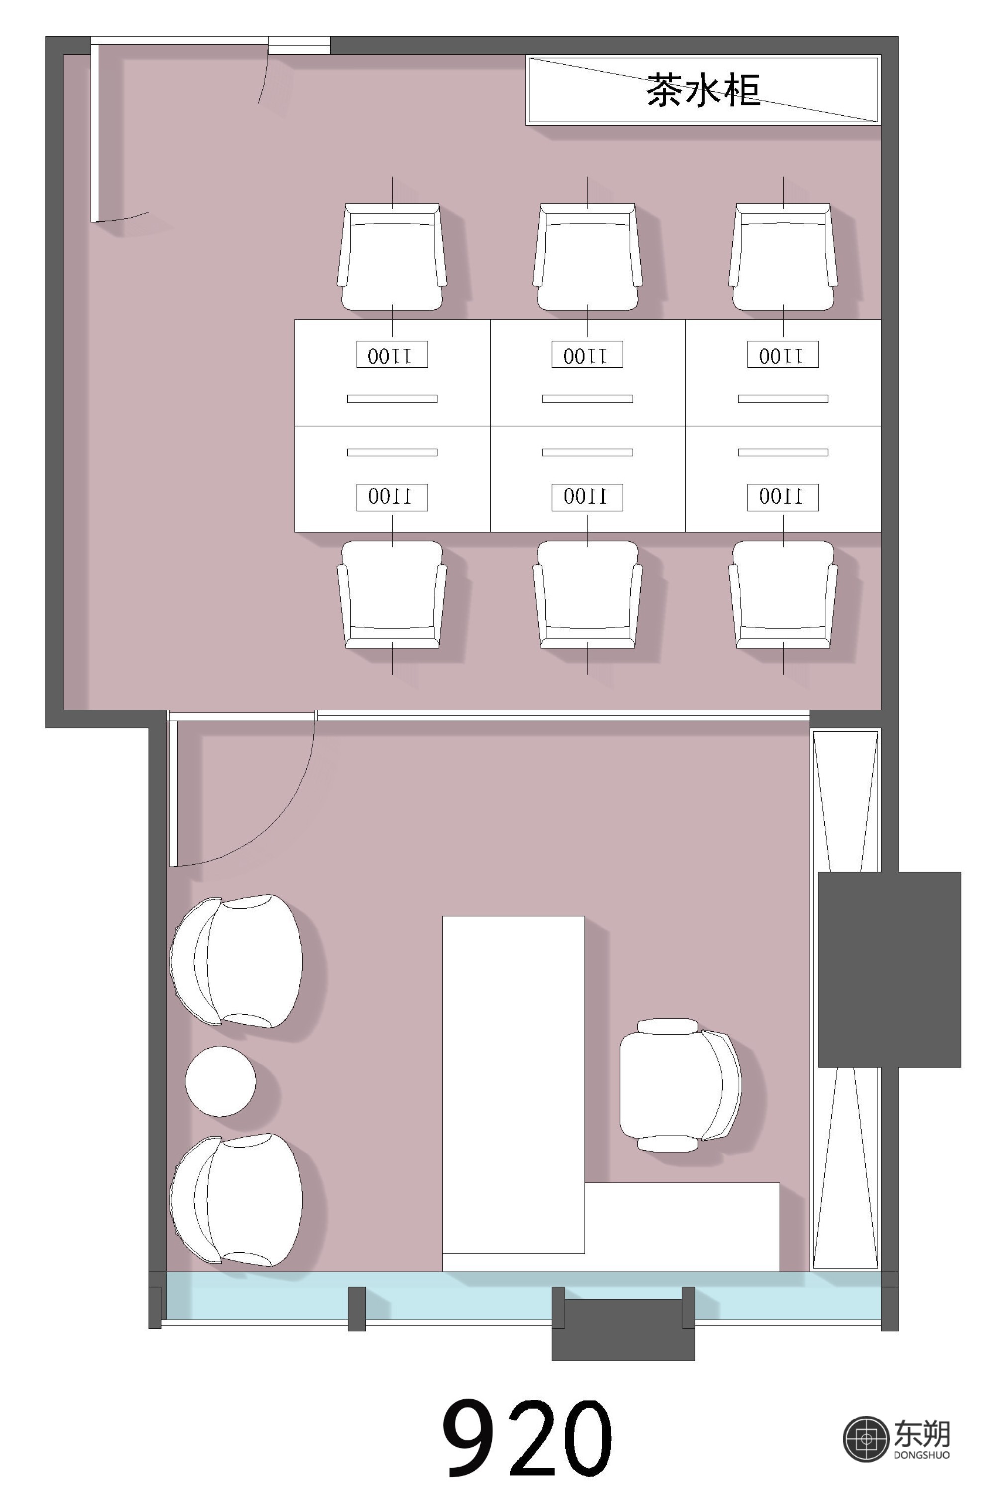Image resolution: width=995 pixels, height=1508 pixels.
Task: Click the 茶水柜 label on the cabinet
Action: point(703,89)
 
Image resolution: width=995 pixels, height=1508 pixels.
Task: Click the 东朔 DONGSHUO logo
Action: point(896,1439)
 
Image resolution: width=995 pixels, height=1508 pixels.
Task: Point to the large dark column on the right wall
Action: point(889,969)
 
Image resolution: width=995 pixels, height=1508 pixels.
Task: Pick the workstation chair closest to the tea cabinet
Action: point(783,257)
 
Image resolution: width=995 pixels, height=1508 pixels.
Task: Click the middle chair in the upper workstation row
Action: point(588,257)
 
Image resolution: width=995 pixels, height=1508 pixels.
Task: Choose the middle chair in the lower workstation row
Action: point(588,595)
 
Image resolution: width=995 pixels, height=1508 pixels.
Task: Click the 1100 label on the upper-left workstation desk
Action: point(392,355)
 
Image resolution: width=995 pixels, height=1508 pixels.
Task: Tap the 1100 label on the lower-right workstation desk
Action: point(783,497)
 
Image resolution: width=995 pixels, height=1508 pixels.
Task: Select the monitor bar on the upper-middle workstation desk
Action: point(588,399)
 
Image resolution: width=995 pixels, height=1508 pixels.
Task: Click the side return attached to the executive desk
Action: point(682,1227)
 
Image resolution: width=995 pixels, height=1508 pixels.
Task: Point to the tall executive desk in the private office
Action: point(513,1084)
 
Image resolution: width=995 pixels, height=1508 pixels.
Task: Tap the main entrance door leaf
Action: point(95,133)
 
